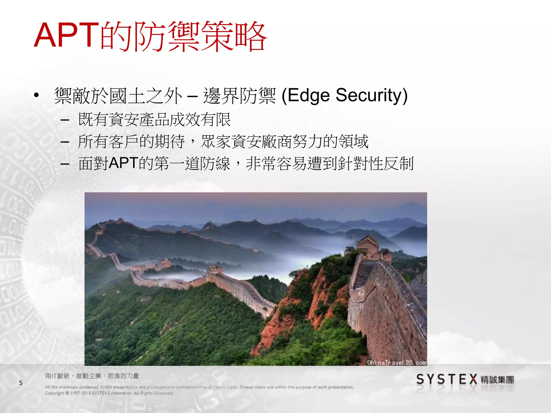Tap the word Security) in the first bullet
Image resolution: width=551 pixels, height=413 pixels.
(x=372, y=95)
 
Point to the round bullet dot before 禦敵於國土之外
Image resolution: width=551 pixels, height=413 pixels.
(x=37, y=95)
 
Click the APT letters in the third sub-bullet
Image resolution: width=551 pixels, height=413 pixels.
(x=123, y=163)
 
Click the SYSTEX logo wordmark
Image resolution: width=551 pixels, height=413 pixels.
(x=447, y=379)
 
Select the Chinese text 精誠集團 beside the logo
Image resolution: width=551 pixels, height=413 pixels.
(x=497, y=380)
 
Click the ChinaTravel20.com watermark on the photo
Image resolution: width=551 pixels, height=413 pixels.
(x=397, y=362)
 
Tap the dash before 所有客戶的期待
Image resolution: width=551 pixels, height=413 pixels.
(x=65, y=142)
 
